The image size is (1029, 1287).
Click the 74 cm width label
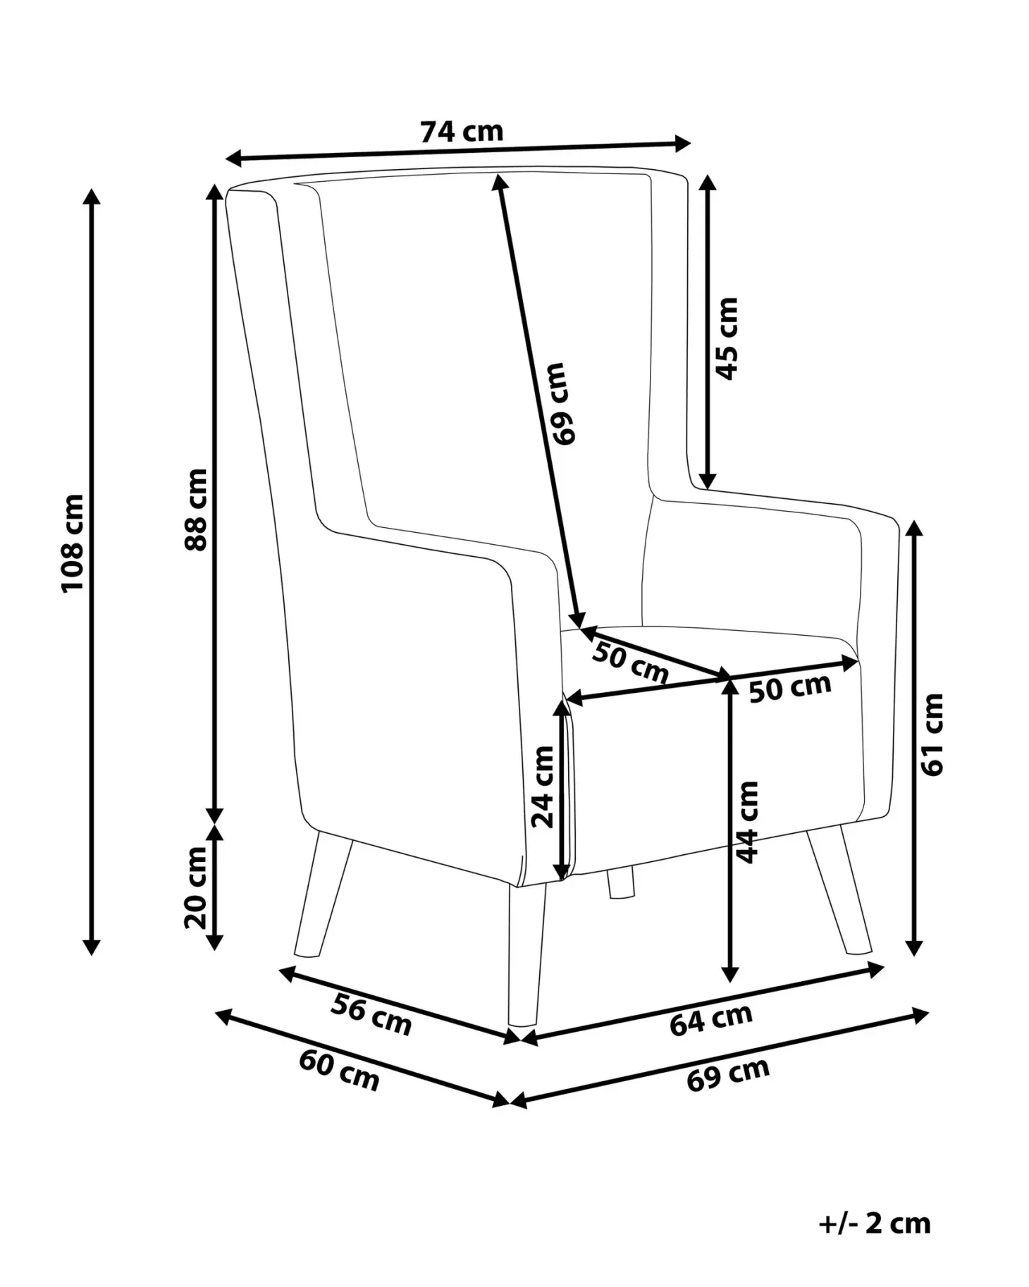(x=462, y=131)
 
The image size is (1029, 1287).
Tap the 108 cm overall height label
(x=73, y=543)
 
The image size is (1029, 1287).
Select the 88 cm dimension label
(x=196, y=509)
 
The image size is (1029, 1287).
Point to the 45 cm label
(x=726, y=338)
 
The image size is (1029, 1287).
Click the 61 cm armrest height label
(x=932, y=734)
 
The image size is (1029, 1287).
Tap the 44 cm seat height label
(x=746, y=822)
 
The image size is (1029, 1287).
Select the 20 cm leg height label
(x=196, y=888)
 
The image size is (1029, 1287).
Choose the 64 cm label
(x=710, y=1020)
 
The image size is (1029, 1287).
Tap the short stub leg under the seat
(x=621, y=884)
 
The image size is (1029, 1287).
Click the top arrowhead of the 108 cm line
(x=91, y=197)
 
